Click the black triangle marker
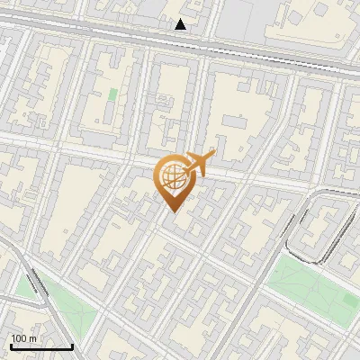(x=181, y=24)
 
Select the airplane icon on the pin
(x=197, y=165)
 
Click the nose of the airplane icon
(x=212, y=155)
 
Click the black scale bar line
(x=41, y=347)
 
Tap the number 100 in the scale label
(x=18, y=338)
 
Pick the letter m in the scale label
(x=31, y=338)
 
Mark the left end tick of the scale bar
(x=11, y=346)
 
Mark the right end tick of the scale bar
(x=72, y=346)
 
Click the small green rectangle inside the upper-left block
(x=112, y=94)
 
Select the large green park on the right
(x=310, y=288)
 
